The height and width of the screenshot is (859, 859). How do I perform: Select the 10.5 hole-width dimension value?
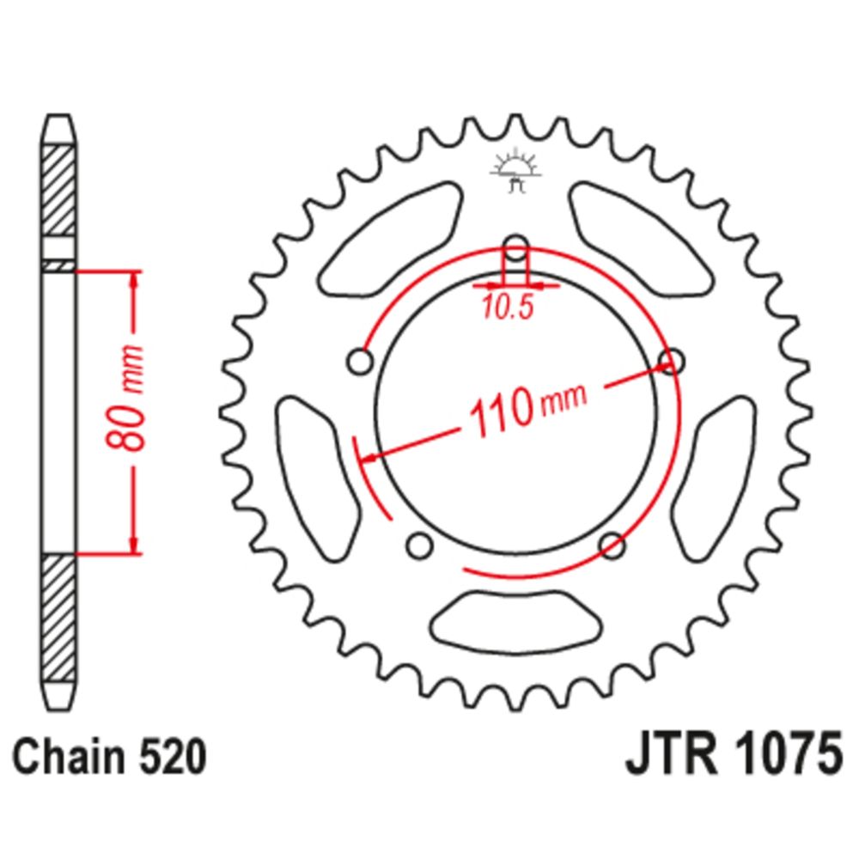coord(508,308)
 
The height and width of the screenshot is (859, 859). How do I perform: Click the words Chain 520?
coord(110,758)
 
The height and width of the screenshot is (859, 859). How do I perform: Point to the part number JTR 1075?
coord(734,754)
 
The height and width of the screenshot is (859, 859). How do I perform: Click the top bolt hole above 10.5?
coord(515,248)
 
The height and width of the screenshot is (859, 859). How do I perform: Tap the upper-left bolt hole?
coord(361,362)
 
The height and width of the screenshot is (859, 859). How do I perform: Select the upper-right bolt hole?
coord(672,362)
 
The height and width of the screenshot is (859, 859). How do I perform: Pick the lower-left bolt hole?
coord(420,545)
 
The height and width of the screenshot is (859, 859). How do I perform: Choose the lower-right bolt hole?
coord(612,545)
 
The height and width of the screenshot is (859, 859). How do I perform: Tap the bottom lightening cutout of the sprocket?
coord(516,623)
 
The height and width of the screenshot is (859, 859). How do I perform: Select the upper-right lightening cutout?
coord(642,240)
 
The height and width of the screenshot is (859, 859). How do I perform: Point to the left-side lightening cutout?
coord(319,479)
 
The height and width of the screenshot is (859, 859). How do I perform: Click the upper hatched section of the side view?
coord(58,191)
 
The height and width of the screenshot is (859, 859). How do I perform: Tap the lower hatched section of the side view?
coord(58,618)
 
